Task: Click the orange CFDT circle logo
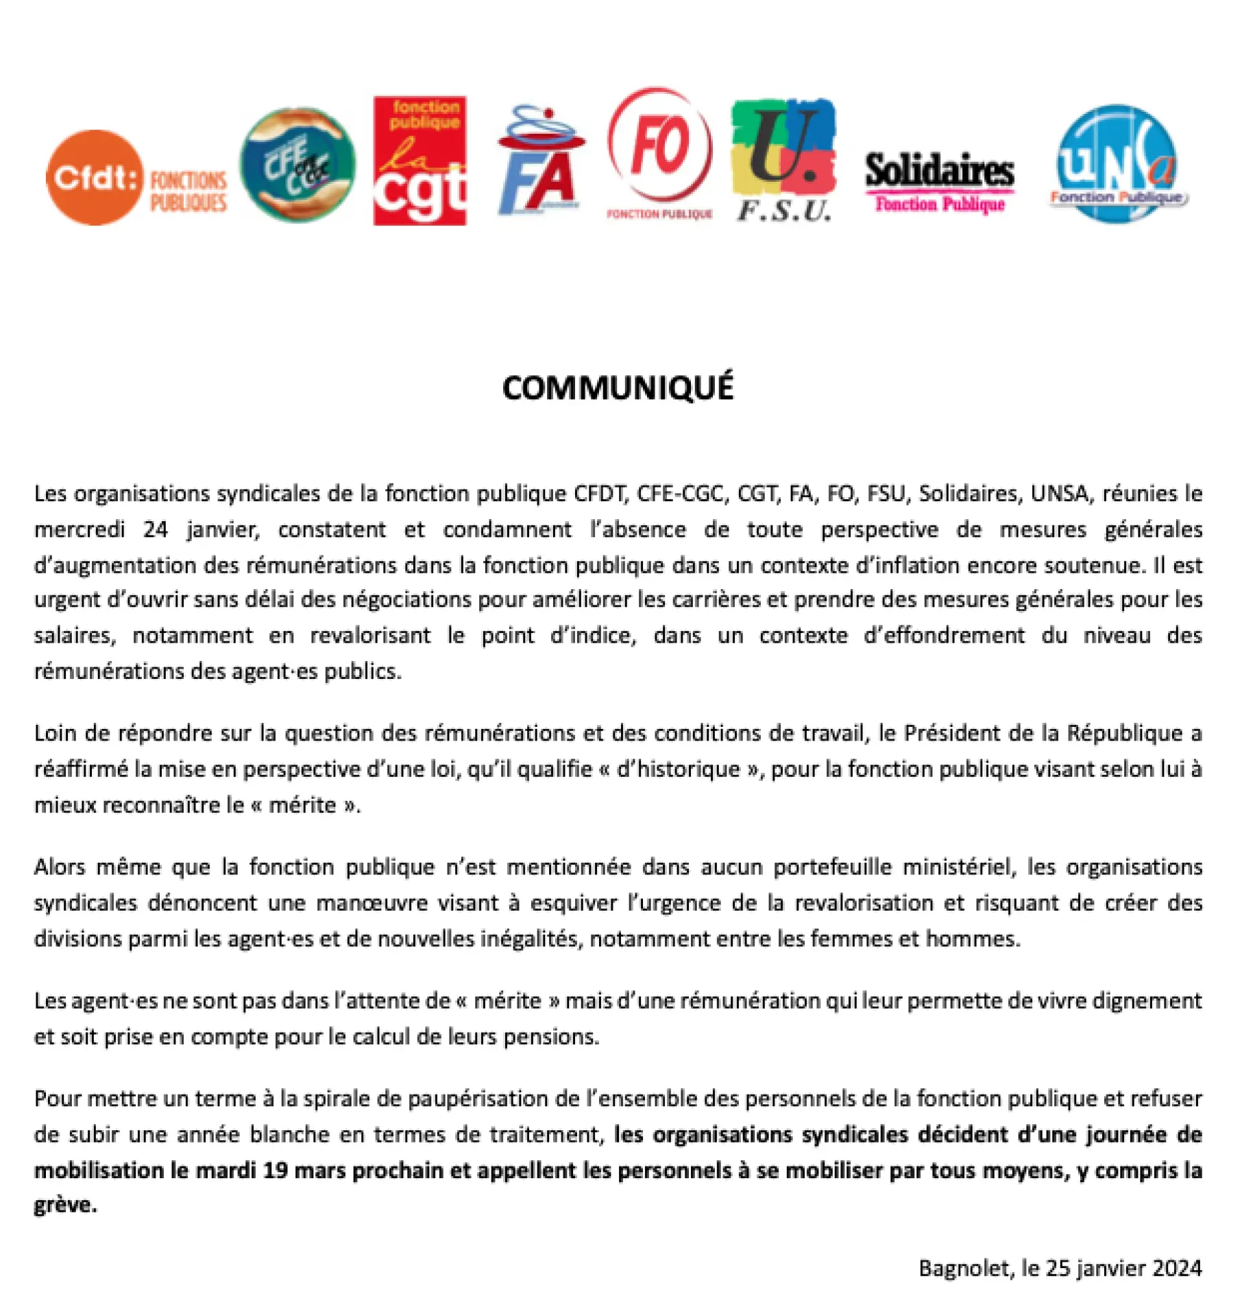pyautogui.click(x=95, y=178)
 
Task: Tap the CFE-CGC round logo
pyautogui.click(x=297, y=165)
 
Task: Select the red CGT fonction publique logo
pyautogui.click(x=419, y=160)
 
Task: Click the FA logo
pyautogui.click(x=539, y=163)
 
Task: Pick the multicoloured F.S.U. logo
pyautogui.click(x=783, y=160)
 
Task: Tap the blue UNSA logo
pyautogui.click(x=1117, y=163)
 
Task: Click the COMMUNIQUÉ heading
pyautogui.click(x=618, y=388)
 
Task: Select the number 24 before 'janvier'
pyautogui.click(x=156, y=529)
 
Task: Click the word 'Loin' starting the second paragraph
pyautogui.click(x=53, y=733)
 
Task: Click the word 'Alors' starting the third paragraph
pyautogui.click(x=59, y=867)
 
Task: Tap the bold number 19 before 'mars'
pyautogui.click(x=275, y=1170)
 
